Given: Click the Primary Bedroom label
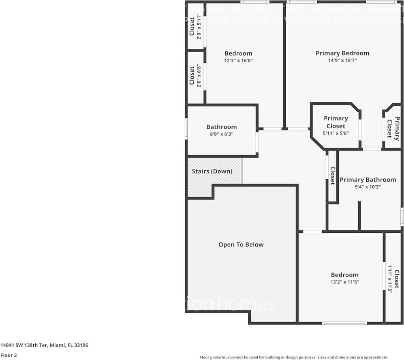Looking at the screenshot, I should click(342, 53).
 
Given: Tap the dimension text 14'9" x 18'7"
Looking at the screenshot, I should click(342, 60).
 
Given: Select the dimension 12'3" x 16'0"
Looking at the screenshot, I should click(238, 60).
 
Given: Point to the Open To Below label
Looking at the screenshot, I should click(241, 244).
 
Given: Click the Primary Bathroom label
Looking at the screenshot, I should click(368, 180).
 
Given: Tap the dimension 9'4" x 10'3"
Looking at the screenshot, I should click(368, 187).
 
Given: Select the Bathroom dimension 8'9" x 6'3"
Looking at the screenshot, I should click(221, 134).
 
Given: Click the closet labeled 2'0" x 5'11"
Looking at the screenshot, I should click(195, 26).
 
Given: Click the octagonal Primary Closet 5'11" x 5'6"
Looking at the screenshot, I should click(336, 126).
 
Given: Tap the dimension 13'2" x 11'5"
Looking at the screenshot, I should click(344, 282).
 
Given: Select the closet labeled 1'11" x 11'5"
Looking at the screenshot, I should click(393, 279).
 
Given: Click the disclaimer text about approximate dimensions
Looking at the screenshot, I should click(294, 357).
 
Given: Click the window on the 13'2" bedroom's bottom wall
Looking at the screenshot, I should click(344, 323).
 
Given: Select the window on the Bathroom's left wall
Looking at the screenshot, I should click(186, 129).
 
